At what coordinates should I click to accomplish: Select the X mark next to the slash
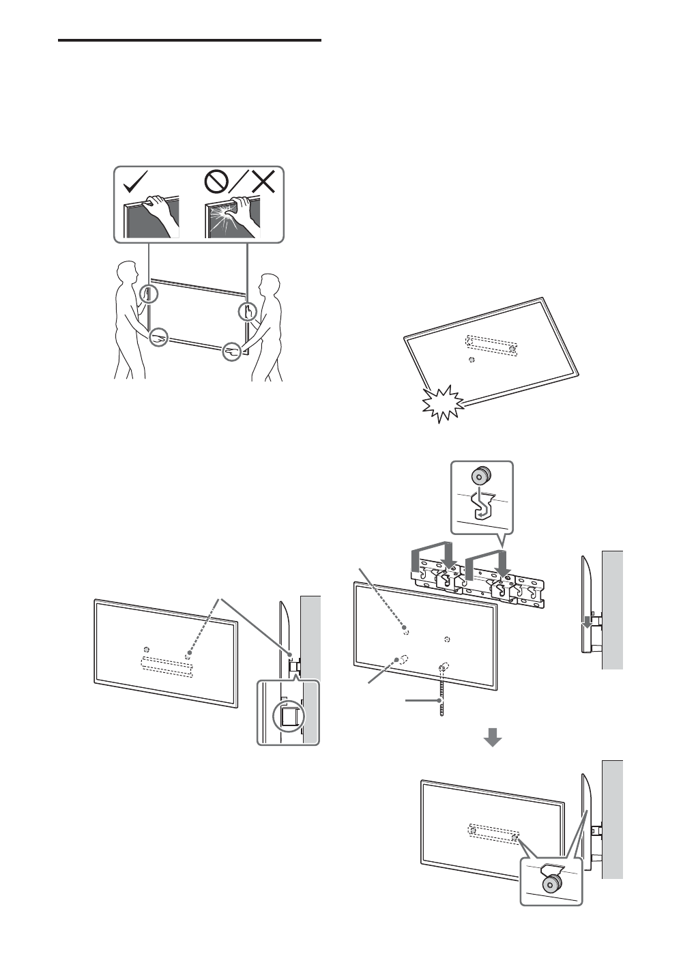(x=261, y=182)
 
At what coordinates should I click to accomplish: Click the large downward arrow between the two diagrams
(x=493, y=738)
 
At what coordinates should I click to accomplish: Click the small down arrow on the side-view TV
(x=585, y=622)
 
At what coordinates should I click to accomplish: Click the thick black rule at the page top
(x=190, y=41)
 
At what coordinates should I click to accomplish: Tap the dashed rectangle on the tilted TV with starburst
(x=491, y=345)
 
